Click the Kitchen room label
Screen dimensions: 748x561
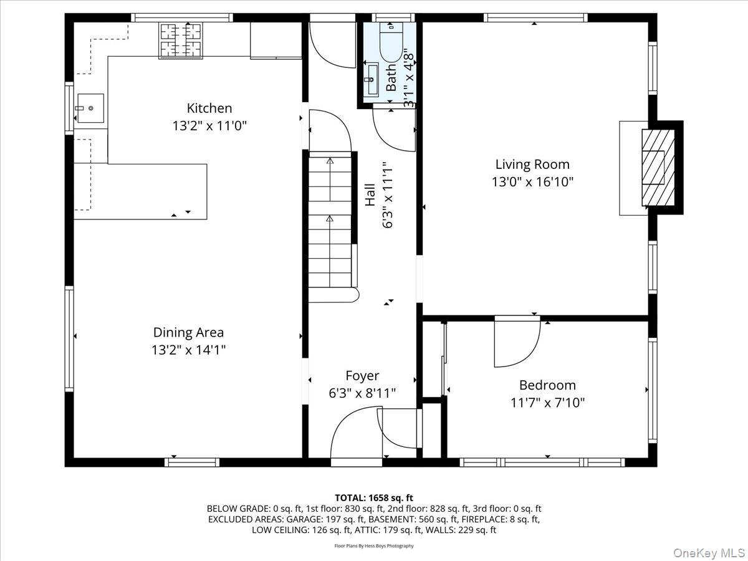point(209,108)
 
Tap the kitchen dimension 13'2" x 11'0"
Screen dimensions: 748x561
point(209,126)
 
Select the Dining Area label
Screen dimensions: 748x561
point(188,332)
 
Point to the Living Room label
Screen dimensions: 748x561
point(532,165)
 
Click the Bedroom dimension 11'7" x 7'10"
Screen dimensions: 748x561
point(547,403)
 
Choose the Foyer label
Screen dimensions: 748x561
point(362,376)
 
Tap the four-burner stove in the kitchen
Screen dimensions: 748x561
point(181,40)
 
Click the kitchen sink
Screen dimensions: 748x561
point(90,108)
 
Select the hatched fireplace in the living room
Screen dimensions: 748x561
point(658,168)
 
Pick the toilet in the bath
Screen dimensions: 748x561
point(391,41)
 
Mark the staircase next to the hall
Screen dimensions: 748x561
point(330,226)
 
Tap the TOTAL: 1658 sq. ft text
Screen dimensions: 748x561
point(374,498)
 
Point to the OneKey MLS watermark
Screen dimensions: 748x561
point(709,552)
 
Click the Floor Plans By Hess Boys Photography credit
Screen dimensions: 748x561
point(374,545)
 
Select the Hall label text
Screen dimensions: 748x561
point(370,195)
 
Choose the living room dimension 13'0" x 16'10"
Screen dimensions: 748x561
point(532,182)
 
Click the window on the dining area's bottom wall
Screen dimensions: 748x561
point(192,463)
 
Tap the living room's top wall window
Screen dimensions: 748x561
point(535,17)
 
